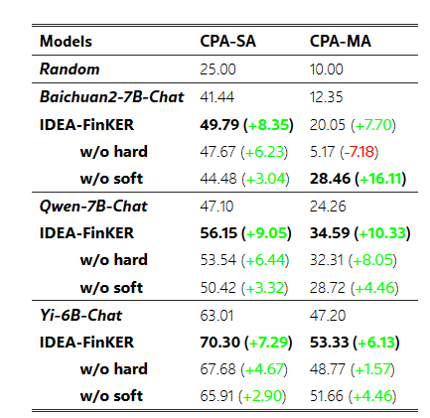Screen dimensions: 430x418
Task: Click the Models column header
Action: coord(66,42)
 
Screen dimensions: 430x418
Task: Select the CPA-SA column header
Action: coord(227,42)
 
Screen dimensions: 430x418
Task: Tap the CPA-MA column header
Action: coord(341,42)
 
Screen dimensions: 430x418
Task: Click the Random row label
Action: coord(70,70)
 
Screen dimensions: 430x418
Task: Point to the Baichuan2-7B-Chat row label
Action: coord(111,97)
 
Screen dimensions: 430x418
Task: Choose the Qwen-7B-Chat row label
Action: coord(93,207)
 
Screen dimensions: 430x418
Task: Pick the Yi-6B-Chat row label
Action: coord(80,315)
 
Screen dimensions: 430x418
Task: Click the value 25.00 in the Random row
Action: coord(217,70)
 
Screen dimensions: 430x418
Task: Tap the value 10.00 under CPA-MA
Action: coord(327,70)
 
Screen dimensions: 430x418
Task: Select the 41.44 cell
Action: coord(217,97)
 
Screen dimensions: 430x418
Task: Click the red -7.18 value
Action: coord(359,152)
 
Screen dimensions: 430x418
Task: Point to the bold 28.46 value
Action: coord(330,179)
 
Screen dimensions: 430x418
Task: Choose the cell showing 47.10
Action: coord(216,207)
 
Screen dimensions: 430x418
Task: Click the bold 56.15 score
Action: coord(218,233)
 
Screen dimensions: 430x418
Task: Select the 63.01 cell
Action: coord(216,315)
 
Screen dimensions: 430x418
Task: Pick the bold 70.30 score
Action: coord(220,343)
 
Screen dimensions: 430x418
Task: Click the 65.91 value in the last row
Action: coord(216,396)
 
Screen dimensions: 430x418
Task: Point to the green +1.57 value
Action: coord(372,369)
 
